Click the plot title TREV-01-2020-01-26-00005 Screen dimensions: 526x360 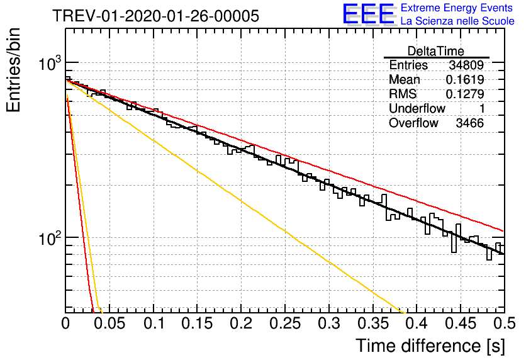click(x=156, y=16)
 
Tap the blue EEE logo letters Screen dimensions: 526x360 click(x=368, y=14)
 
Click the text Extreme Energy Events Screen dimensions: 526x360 click(x=457, y=8)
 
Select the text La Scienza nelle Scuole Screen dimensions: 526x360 click(x=457, y=21)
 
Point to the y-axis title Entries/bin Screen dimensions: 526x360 click(x=13, y=70)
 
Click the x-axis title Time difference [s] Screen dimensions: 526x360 click(x=430, y=346)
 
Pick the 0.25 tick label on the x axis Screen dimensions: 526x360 click(x=285, y=323)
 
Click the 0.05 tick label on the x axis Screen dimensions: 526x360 click(x=109, y=323)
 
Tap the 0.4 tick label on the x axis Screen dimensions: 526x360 click(x=417, y=323)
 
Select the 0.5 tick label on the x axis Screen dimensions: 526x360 click(x=504, y=323)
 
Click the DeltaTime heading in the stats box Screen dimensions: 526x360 click(x=436, y=51)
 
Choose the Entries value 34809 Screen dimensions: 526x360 click(x=466, y=65)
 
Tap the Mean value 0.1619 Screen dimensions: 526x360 click(x=465, y=79)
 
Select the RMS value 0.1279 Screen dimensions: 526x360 click(x=465, y=94)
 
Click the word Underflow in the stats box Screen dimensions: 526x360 click(x=417, y=108)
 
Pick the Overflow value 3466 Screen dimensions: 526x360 click(x=469, y=123)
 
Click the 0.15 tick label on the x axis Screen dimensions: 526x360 click(x=197, y=323)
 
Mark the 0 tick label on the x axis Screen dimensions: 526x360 click(x=65, y=323)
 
